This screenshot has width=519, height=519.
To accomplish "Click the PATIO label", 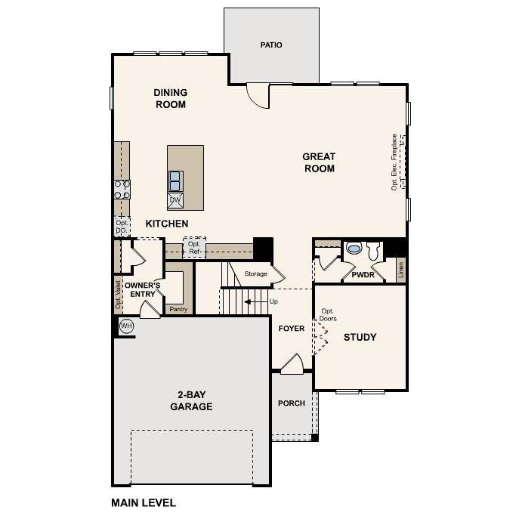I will tap(271, 45).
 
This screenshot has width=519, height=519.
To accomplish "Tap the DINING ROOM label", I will tap(171, 99).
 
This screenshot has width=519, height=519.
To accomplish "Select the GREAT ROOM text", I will tap(319, 162).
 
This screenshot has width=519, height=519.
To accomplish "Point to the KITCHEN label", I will tap(167, 224).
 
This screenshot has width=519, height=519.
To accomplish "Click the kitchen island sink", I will tap(175, 181).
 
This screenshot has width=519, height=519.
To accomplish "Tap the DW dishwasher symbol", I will tap(175, 200).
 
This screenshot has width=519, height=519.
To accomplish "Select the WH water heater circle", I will tap(126, 326).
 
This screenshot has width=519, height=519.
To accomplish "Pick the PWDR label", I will tap(363, 276).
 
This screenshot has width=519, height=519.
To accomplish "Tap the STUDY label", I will tap(360, 337).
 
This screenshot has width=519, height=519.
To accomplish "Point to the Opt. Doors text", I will tap(327, 315).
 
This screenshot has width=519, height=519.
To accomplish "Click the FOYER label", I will tap(291, 329).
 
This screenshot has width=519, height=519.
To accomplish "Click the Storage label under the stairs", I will tap(255, 273).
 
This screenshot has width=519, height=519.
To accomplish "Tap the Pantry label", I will tap(179, 308).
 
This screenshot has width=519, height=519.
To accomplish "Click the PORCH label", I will tap(291, 403).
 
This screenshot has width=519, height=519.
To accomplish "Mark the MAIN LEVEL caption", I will tap(144, 502).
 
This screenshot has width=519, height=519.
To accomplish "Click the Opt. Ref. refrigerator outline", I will tap(194, 247).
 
